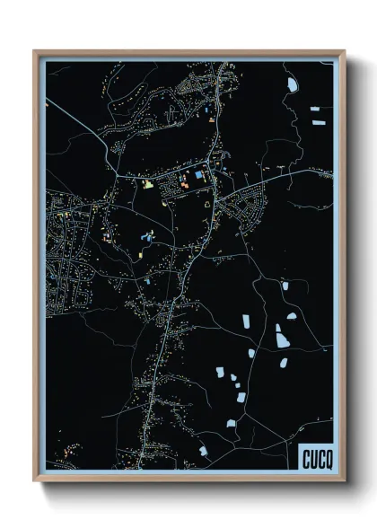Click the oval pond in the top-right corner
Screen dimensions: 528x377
click(292, 85)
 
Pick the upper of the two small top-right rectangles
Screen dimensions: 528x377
click(315, 109)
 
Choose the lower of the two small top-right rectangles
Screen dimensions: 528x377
click(315, 119)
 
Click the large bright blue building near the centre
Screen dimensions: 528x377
click(199, 175)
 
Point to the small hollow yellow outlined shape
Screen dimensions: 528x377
click(210, 206)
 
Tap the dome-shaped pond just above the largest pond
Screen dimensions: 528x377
click(292, 317)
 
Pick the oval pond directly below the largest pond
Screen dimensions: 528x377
click(284, 363)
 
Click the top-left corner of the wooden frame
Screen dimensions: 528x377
click(35, 52)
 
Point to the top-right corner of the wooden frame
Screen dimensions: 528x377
click(344, 52)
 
